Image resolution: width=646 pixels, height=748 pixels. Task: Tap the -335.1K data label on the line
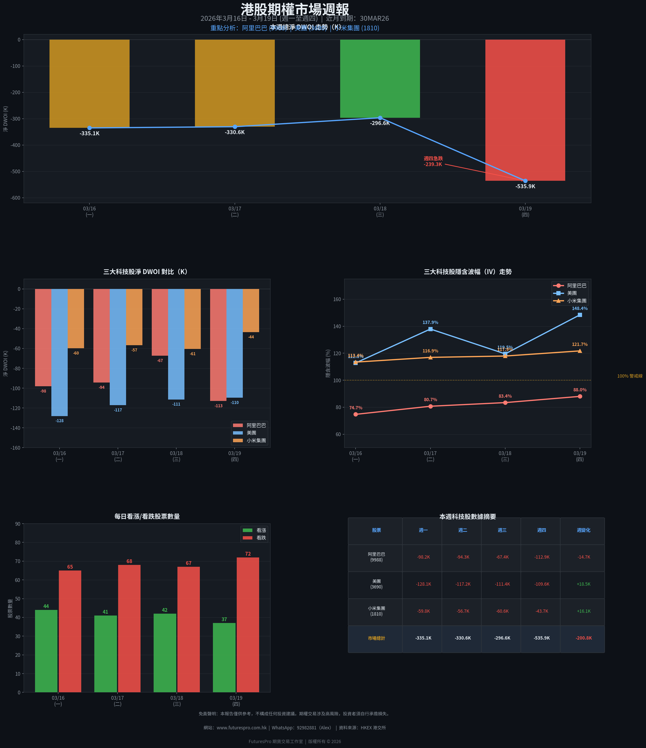click(x=90, y=134)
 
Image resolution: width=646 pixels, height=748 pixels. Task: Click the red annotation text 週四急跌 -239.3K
click(x=433, y=161)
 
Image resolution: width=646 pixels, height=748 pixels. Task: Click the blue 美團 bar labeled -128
click(x=60, y=352)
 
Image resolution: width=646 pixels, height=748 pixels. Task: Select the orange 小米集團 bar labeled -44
click(x=251, y=310)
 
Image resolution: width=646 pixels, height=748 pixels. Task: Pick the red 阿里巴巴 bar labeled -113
click(x=218, y=345)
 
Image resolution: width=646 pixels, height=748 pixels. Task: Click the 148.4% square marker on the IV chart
click(x=579, y=315)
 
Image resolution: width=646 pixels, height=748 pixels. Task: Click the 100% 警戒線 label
click(x=629, y=376)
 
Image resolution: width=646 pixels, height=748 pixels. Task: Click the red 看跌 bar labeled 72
click(x=248, y=625)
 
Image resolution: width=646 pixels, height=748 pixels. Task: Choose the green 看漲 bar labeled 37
click(x=224, y=658)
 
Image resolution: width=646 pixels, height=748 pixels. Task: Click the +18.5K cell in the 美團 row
click(x=583, y=584)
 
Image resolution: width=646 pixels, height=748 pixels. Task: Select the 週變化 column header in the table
click(x=583, y=530)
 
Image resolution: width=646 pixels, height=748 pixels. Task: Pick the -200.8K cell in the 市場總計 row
click(x=583, y=638)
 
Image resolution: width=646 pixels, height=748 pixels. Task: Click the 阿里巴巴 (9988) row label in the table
click(x=376, y=557)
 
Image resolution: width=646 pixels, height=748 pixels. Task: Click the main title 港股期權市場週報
click(x=295, y=9)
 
